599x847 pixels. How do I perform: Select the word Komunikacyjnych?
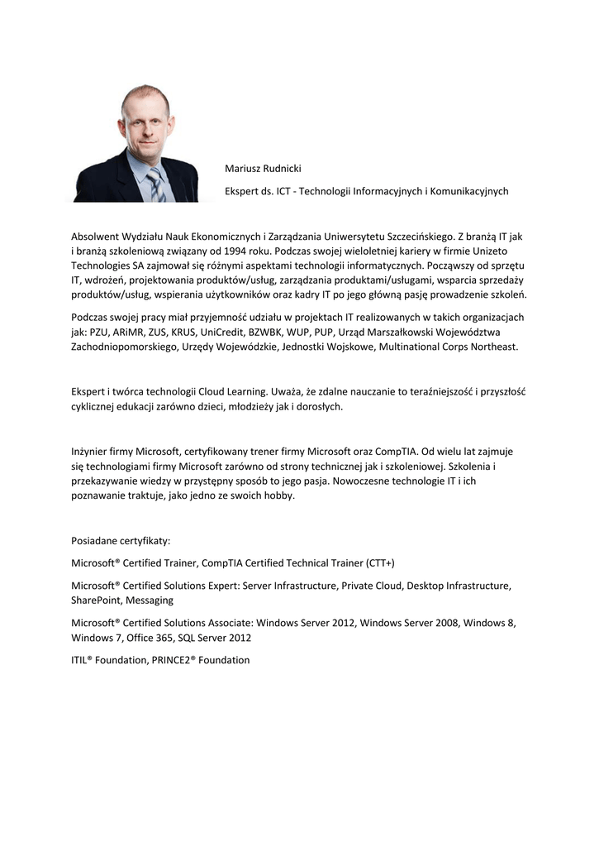click(470, 191)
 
